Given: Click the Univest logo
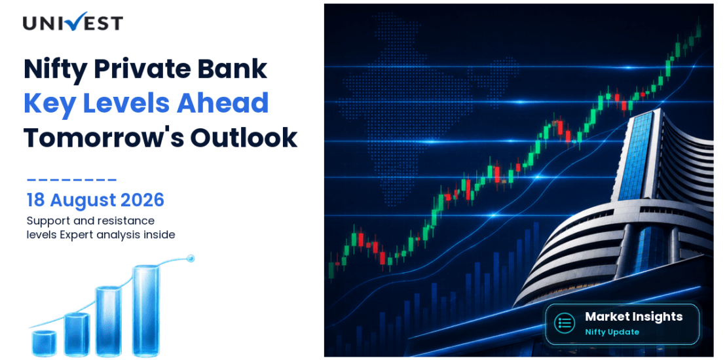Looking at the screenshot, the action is [73, 22].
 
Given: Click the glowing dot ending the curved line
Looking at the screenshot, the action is [189, 258].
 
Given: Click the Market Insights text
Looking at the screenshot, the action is [634, 317].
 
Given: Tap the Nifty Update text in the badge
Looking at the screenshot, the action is [612, 333].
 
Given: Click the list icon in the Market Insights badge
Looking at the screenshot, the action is [565, 323].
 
